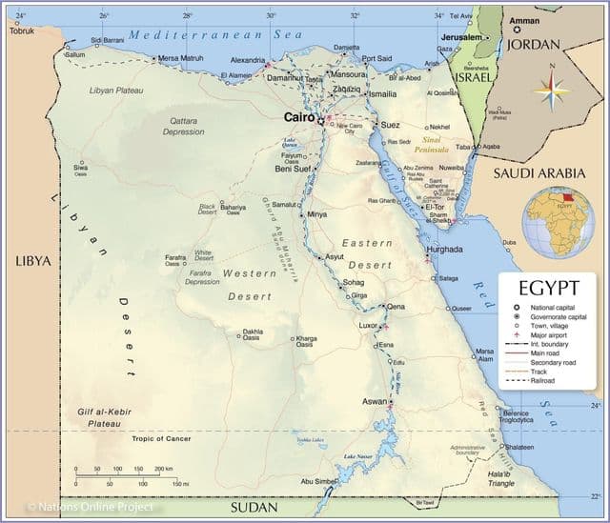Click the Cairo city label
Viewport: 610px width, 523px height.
tap(299, 118)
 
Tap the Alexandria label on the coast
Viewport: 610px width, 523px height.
tap(248, 59)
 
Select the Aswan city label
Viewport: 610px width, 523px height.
tap(374, 401)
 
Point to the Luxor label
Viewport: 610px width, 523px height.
tap(368, 325)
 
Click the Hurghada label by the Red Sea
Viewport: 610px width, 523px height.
tap(444, 249)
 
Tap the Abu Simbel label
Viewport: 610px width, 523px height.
tap(318, 481)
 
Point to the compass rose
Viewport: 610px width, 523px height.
tap(552, 92)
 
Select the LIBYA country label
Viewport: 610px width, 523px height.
tap(32, 261)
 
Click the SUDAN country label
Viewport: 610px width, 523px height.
tap(256, 507)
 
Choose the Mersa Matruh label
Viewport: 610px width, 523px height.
tap(180, 58)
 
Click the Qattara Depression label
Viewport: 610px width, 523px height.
tap(183, 127)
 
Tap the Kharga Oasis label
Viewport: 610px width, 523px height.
tap(306, 341)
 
